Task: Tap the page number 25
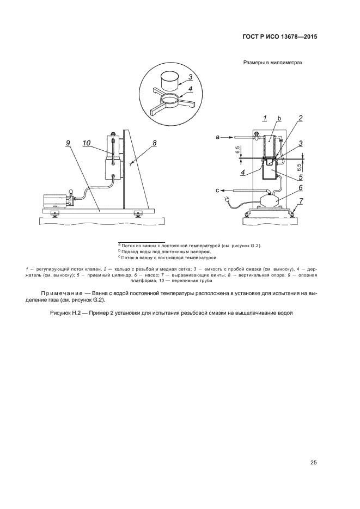click(x=314, y=463)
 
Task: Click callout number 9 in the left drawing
click(x=68, y=143)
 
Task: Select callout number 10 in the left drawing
click(x=86, y=143)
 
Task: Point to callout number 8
click(x=155, y=143)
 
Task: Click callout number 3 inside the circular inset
click(x=191, y=77)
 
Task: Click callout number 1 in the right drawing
click(x=265, y=118)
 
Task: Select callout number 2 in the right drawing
click(x=301, y=118)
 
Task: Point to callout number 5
click(x=301, y=177)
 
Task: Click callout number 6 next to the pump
click(x=301, y=188)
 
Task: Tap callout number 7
click(x=301, y=201)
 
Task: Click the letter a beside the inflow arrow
click(x=217, y=138)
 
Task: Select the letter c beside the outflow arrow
click(x=217, y=191)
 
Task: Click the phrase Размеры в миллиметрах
click(x=273, y=62)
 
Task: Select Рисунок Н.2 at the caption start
click(x=65, y=313)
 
